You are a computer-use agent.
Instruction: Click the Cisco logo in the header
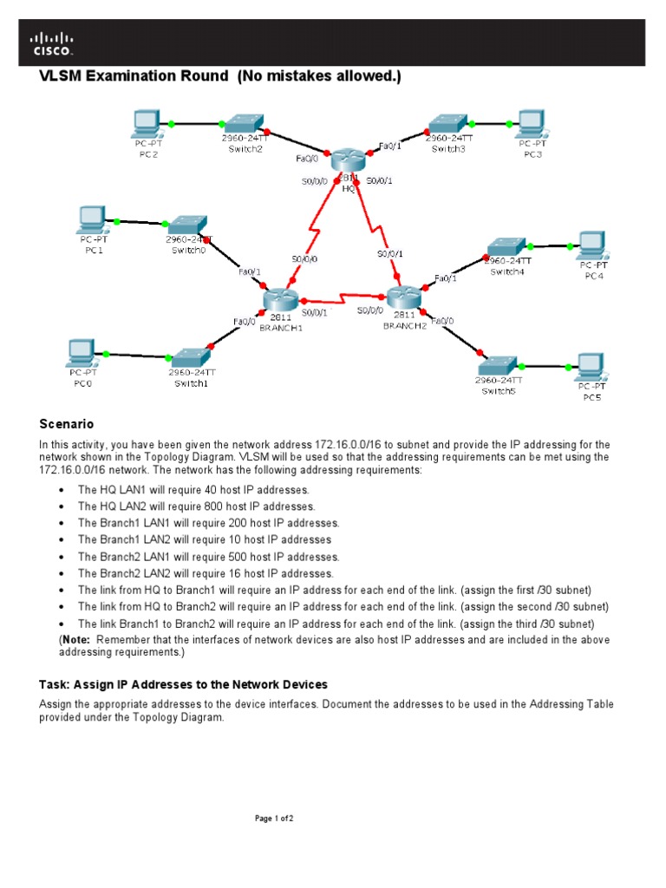53,43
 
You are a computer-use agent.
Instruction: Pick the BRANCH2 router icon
404,296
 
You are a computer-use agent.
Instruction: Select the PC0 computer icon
83,352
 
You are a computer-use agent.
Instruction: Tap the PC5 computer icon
591,367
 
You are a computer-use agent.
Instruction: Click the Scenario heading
67,424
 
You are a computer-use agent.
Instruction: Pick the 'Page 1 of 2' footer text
274,818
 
